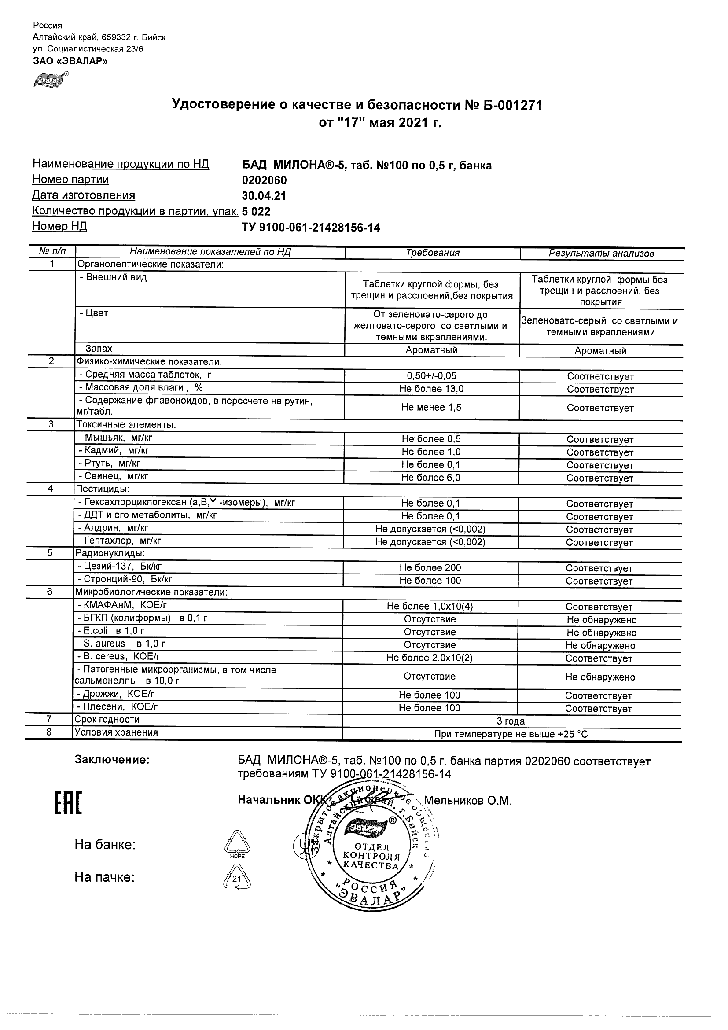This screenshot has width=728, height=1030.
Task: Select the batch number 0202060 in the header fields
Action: pos(264,180)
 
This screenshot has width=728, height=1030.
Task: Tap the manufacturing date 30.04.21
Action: pos(264,196)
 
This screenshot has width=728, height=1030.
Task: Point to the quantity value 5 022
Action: pos(256,212)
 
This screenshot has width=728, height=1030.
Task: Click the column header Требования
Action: pos(432,253)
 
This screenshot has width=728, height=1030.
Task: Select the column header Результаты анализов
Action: pos(601,254)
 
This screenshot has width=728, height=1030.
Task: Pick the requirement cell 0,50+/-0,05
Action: pos(430,376)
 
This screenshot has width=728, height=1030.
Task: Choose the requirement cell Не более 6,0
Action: pos(430,478)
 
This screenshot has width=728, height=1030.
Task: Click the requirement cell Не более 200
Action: pos(430,568)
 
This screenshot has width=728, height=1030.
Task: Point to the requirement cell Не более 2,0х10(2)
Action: pos(429,658)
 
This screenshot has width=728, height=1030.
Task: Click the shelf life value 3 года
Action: pos(511,721)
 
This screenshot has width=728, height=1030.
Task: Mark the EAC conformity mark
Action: pos(68,803)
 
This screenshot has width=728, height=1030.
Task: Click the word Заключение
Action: pos(112,760)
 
